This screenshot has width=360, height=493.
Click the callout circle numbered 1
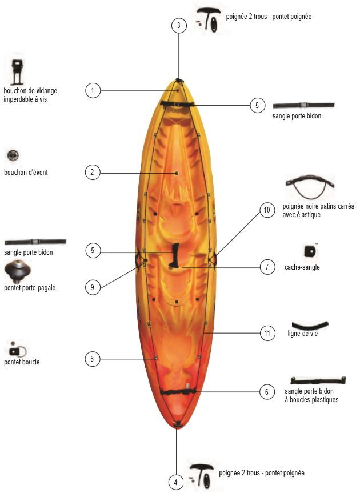point(93,90)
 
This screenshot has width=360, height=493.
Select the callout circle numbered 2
point(93,172)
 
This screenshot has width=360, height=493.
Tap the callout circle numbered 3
point(179,25)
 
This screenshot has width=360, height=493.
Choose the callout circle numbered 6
point(266,392)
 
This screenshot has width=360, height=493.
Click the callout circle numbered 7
point(266,267)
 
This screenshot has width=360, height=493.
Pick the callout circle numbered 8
point(93,359)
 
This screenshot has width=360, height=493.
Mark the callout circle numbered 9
point(93,287)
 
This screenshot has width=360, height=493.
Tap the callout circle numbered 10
point(266,210)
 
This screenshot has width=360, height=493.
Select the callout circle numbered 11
point(266,332)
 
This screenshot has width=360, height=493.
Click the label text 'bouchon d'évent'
point(26,172)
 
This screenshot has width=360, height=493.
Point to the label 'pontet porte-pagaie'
point(30,287)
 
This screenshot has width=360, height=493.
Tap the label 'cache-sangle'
point(302,267)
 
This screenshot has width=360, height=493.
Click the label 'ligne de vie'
point(303,334)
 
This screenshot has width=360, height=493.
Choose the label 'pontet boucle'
point(22,362)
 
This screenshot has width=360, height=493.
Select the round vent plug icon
point(13,155)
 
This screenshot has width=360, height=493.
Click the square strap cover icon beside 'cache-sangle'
point(309,250)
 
